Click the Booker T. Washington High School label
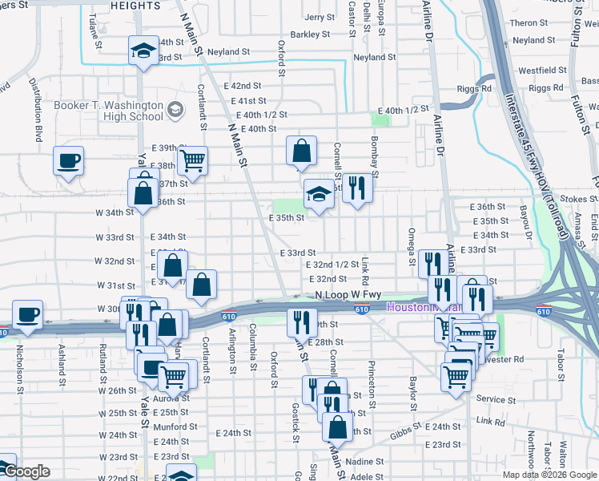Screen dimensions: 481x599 tap(108, 111)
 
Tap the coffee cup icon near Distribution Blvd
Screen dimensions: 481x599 tap(68, 160)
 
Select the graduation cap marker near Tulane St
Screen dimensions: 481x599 tap(143, 51)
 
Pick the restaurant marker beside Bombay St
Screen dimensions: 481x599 tap(357, 188)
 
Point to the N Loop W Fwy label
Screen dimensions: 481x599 tap(348, 295)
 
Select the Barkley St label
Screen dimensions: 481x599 tap(310, 34)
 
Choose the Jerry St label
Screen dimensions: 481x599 tap(319, 17)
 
